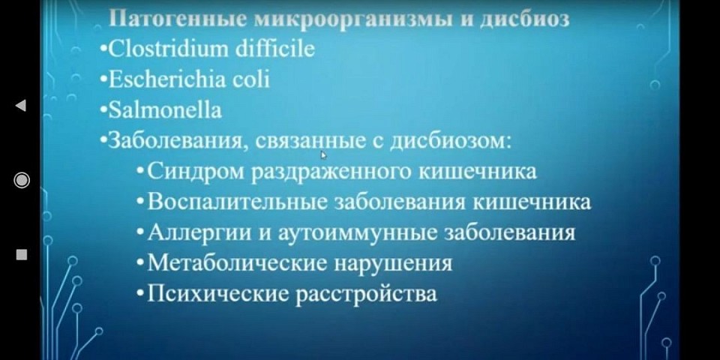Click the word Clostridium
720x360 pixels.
click(169, 49)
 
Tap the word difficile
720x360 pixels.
click(275, 49)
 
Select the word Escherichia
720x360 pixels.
click(166, 79)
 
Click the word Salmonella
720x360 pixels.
click(164, 110)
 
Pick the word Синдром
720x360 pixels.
click(196, 172)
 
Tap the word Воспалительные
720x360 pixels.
click(238, 202)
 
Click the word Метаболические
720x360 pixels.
click(237, 263)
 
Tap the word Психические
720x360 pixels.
click(218, 294)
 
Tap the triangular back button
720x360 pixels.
click(21, 106)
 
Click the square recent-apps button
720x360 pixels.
click(22, 254)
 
